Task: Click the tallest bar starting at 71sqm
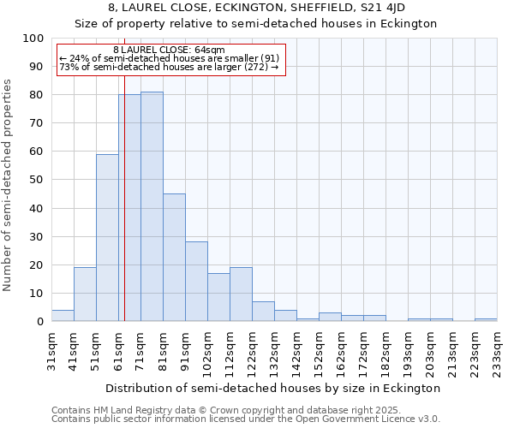(x=152, y=206)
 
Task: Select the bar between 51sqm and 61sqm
(x=107, y=238)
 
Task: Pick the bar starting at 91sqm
(x=196, y=282)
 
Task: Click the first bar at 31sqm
(x=63, y=316)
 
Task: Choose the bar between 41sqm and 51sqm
(x=85, y=294)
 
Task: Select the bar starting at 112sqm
(x=241, y=294)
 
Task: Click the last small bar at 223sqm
(x=486, y=319)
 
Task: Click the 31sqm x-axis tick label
(x=51, y=349)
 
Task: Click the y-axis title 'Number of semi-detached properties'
(x=9, y=185)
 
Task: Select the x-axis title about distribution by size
(x=274, y=388)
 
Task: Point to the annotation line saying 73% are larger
(x=169, y=67)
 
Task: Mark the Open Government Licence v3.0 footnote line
(x=245, y=419)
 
